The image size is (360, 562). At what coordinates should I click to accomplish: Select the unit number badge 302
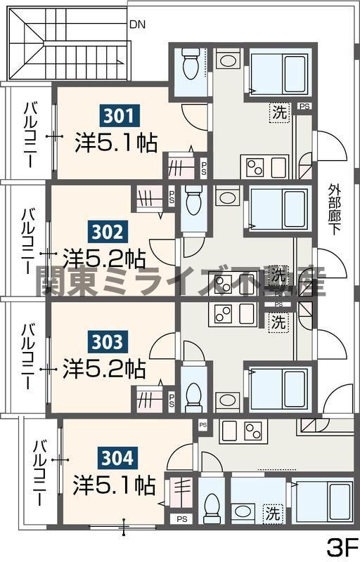tap(107, 230)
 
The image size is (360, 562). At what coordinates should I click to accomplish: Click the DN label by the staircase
tap(137, 24)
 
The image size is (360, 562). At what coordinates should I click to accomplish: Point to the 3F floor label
tap(342, 545)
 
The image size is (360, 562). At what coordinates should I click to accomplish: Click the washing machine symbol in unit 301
tap(280, 112)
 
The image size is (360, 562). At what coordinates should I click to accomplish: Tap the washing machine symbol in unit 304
tap(271, 513)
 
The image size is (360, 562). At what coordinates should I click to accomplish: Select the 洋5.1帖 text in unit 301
tap(116, 143)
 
